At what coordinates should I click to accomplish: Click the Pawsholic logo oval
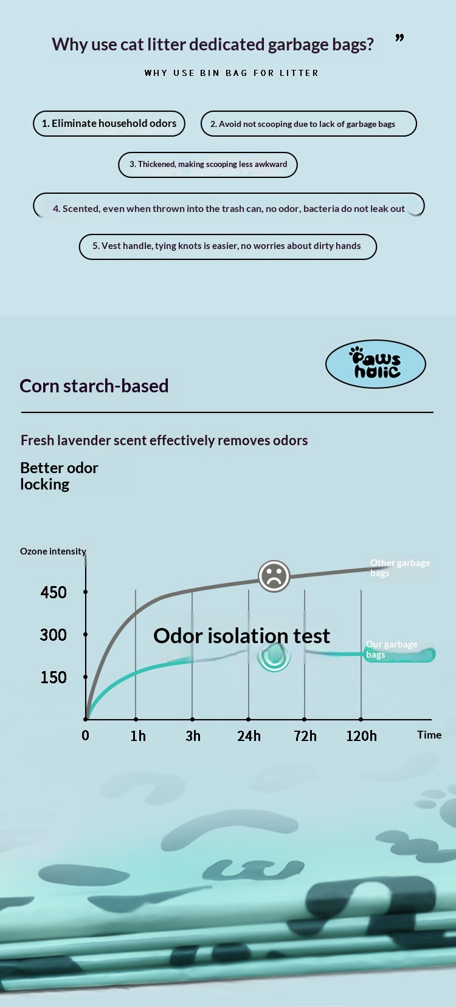(375, 364)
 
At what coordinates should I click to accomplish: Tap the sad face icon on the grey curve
(274, 576)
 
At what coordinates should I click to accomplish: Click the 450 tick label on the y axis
(54, 592)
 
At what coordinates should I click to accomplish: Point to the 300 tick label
(53, 635)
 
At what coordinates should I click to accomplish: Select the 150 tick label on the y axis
(54, 677)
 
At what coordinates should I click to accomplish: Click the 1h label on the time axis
(138, 736)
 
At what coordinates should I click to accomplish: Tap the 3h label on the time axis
(193, 736)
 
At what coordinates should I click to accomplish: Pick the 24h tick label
(249, 736)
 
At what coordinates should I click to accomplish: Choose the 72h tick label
(305, 736)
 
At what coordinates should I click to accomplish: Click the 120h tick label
(362, 736)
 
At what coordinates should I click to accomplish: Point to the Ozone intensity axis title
(53, 551)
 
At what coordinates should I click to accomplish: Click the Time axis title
(429, 734)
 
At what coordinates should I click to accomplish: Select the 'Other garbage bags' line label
(399, 568)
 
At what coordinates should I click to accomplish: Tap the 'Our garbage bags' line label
(392, 649)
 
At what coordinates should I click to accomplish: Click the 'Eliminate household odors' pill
(109, 124)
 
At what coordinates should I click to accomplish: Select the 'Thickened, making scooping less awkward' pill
(208, 165)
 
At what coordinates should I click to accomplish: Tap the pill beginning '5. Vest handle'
(228, 247)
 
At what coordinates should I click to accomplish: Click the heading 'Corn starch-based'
(94, 386)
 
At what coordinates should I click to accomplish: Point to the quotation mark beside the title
(399, 38)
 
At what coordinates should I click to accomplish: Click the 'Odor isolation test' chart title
(242, 636)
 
